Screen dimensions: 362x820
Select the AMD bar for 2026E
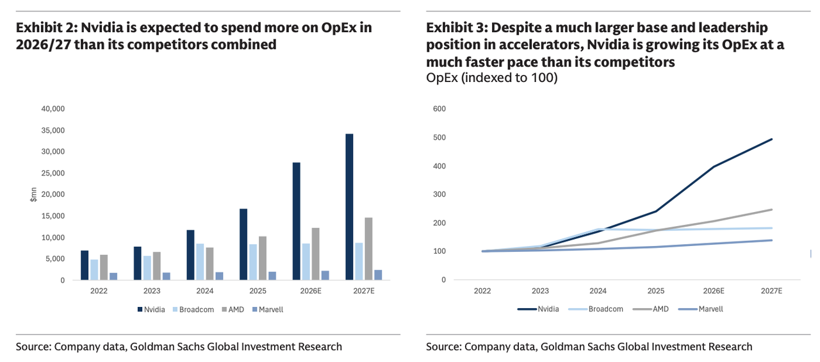click(x=316, y=254)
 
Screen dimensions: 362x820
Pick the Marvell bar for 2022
click(x=113, y=276)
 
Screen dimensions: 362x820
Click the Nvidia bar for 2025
click(x=243, y=244)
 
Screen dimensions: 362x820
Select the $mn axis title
click(x=33, y=195)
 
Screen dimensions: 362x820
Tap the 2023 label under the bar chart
click(x=152, y=290)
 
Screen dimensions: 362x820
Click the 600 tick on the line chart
click(x=439, y=109)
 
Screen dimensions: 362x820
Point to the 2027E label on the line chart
click(x=771, y=290)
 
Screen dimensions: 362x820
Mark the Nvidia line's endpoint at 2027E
click(x=771, y=139)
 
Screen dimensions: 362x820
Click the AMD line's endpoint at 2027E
click(x=771, y=210)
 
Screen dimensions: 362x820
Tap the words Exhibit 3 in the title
click(x=454, y=28)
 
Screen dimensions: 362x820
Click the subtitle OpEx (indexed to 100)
click(x=491, y=78)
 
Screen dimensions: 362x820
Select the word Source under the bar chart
click(x=33, y=347)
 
